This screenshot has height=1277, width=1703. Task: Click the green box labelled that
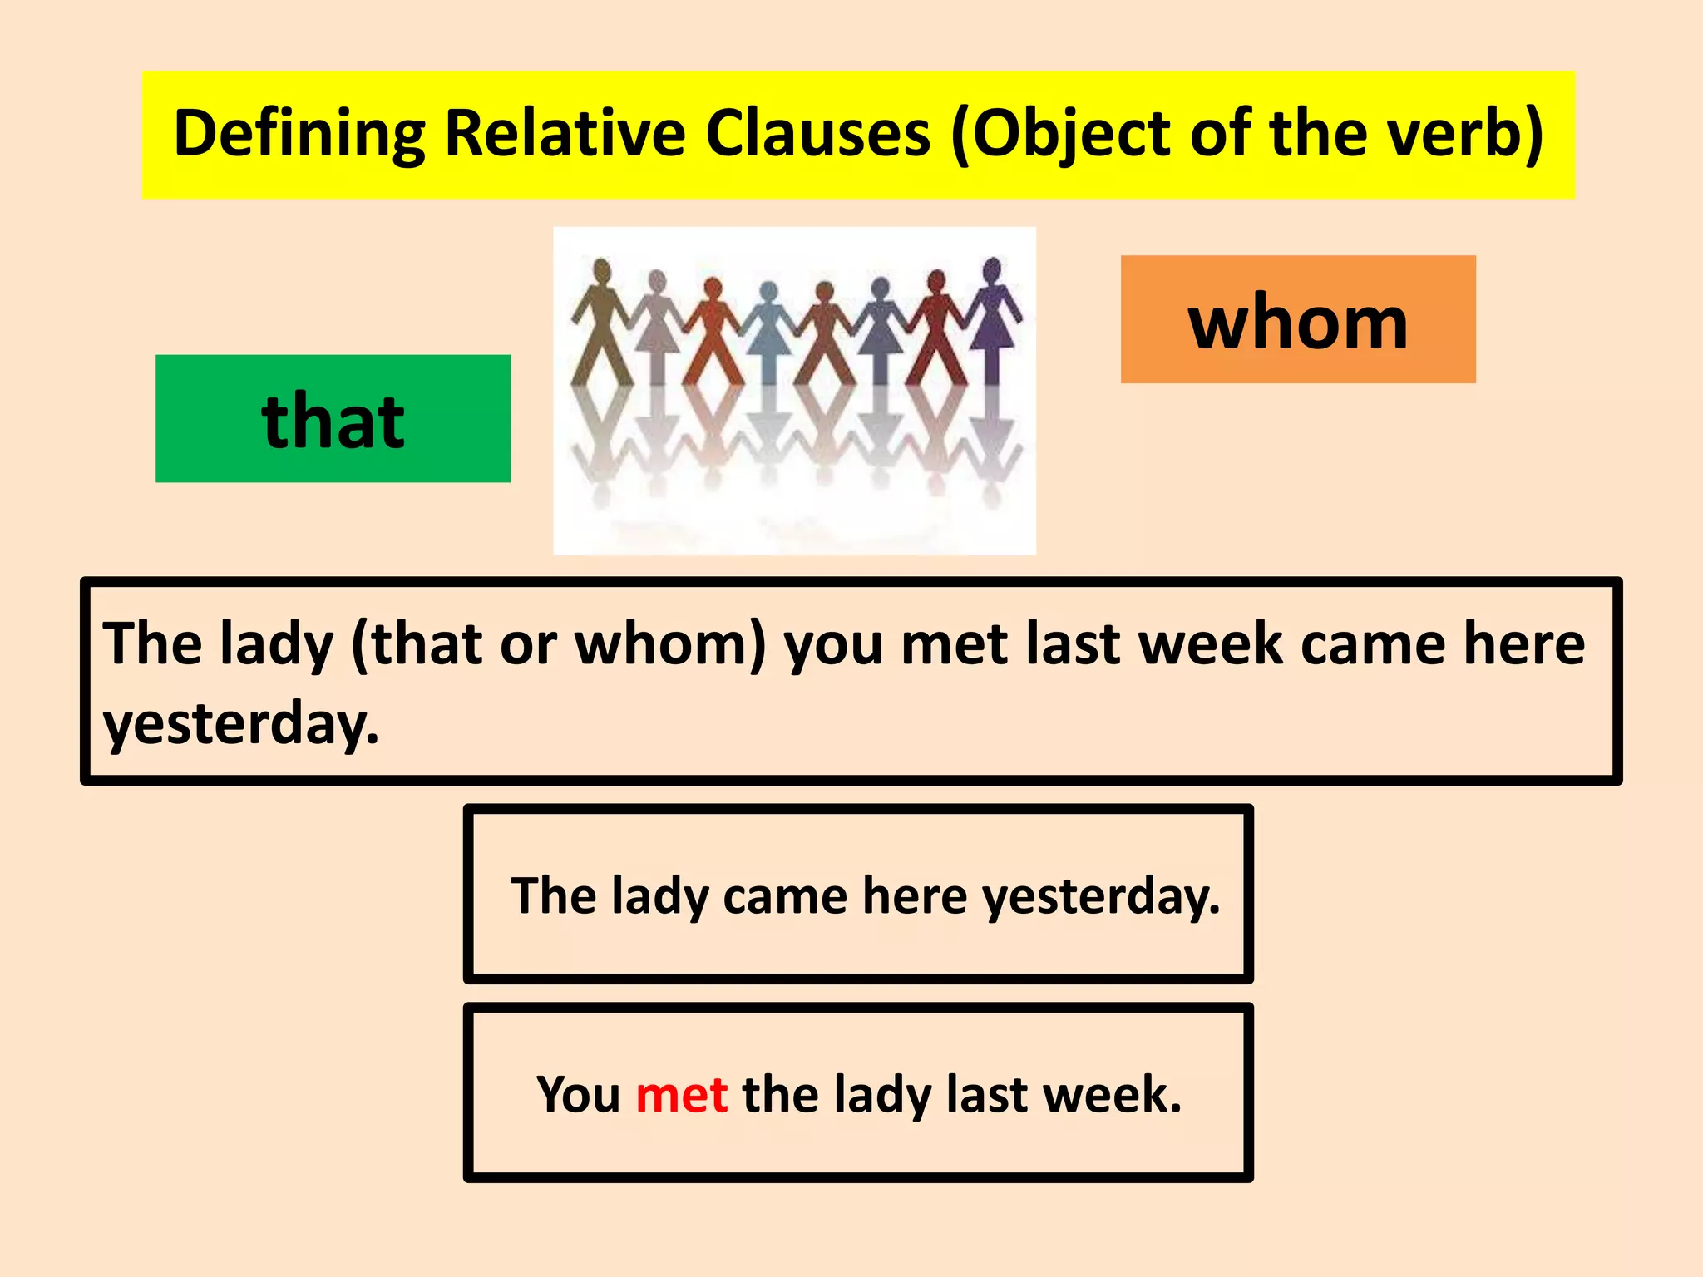pyautogui.click(x=333, y=419)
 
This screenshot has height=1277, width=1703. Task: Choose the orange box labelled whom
pyautogui.click(x=1297, y=320)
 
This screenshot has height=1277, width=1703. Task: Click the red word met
pyautogui.click(x=682, y=1094)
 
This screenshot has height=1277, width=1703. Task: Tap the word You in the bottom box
pyautogui.click(x=578, y=1094)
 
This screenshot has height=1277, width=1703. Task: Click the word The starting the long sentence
pyautogui.click(x=152, y=644)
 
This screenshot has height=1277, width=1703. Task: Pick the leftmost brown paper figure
pyautogui.click(x=600, y=324)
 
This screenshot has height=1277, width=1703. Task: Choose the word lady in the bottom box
pyautogui.click(x=881, y=1096)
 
